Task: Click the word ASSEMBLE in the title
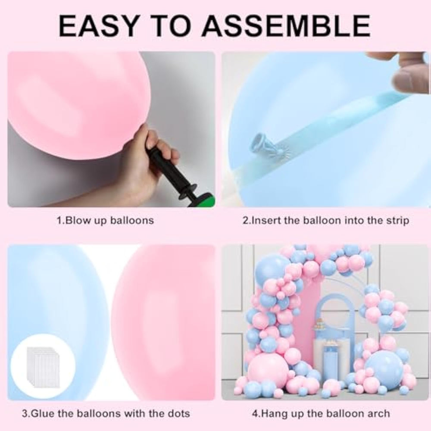pos(286,26)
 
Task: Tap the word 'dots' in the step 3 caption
pos(179,414)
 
